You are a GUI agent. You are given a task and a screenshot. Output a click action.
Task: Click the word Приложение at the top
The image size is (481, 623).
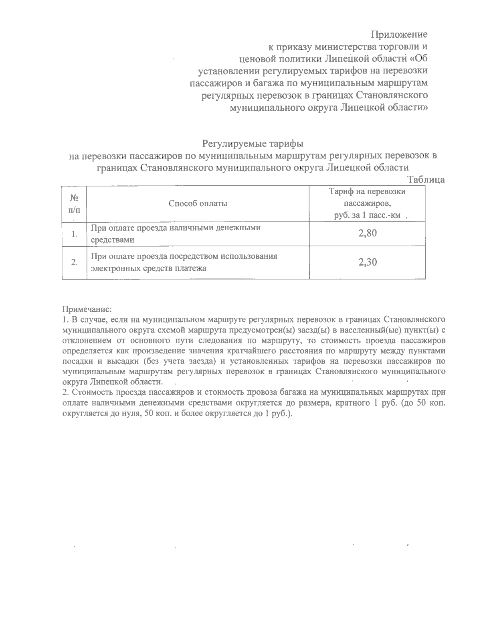click(x=399, y=34)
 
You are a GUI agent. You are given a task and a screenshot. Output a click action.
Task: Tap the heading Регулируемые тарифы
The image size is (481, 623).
click(x=253, y=143)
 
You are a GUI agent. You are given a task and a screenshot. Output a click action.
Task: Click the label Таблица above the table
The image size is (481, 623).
click(x=426, y=179)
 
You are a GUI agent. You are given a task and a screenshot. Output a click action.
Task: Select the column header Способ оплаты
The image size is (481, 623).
click(x=198, y=203)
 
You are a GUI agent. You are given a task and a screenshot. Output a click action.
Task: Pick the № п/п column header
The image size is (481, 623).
click(x=74, y=204)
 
